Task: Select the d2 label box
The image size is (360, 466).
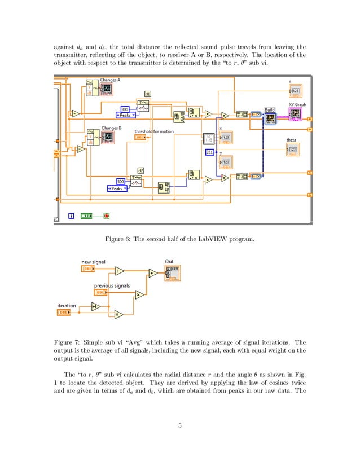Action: click(x=141, y=170)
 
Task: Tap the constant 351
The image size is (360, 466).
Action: click(x=209, y=152)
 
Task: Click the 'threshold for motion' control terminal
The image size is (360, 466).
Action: click(x=141, y=138)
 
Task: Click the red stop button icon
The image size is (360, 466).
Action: click(x=106, y=215)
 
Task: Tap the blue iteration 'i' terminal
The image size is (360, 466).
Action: click(x=71, y=215)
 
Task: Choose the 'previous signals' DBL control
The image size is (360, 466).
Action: click(x=102, y=292)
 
